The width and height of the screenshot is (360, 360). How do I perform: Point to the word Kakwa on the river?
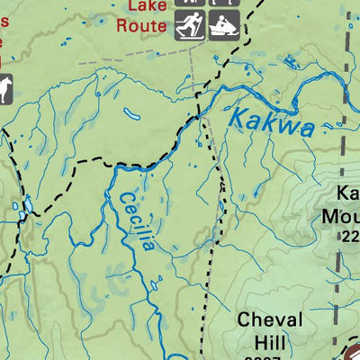(271, 122)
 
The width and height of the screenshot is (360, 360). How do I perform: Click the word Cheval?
(271, 320)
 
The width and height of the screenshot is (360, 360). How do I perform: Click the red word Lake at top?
(146, 6)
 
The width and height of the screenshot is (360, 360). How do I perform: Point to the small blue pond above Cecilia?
(131, 114)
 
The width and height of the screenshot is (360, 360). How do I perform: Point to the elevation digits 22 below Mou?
(349, 237)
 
